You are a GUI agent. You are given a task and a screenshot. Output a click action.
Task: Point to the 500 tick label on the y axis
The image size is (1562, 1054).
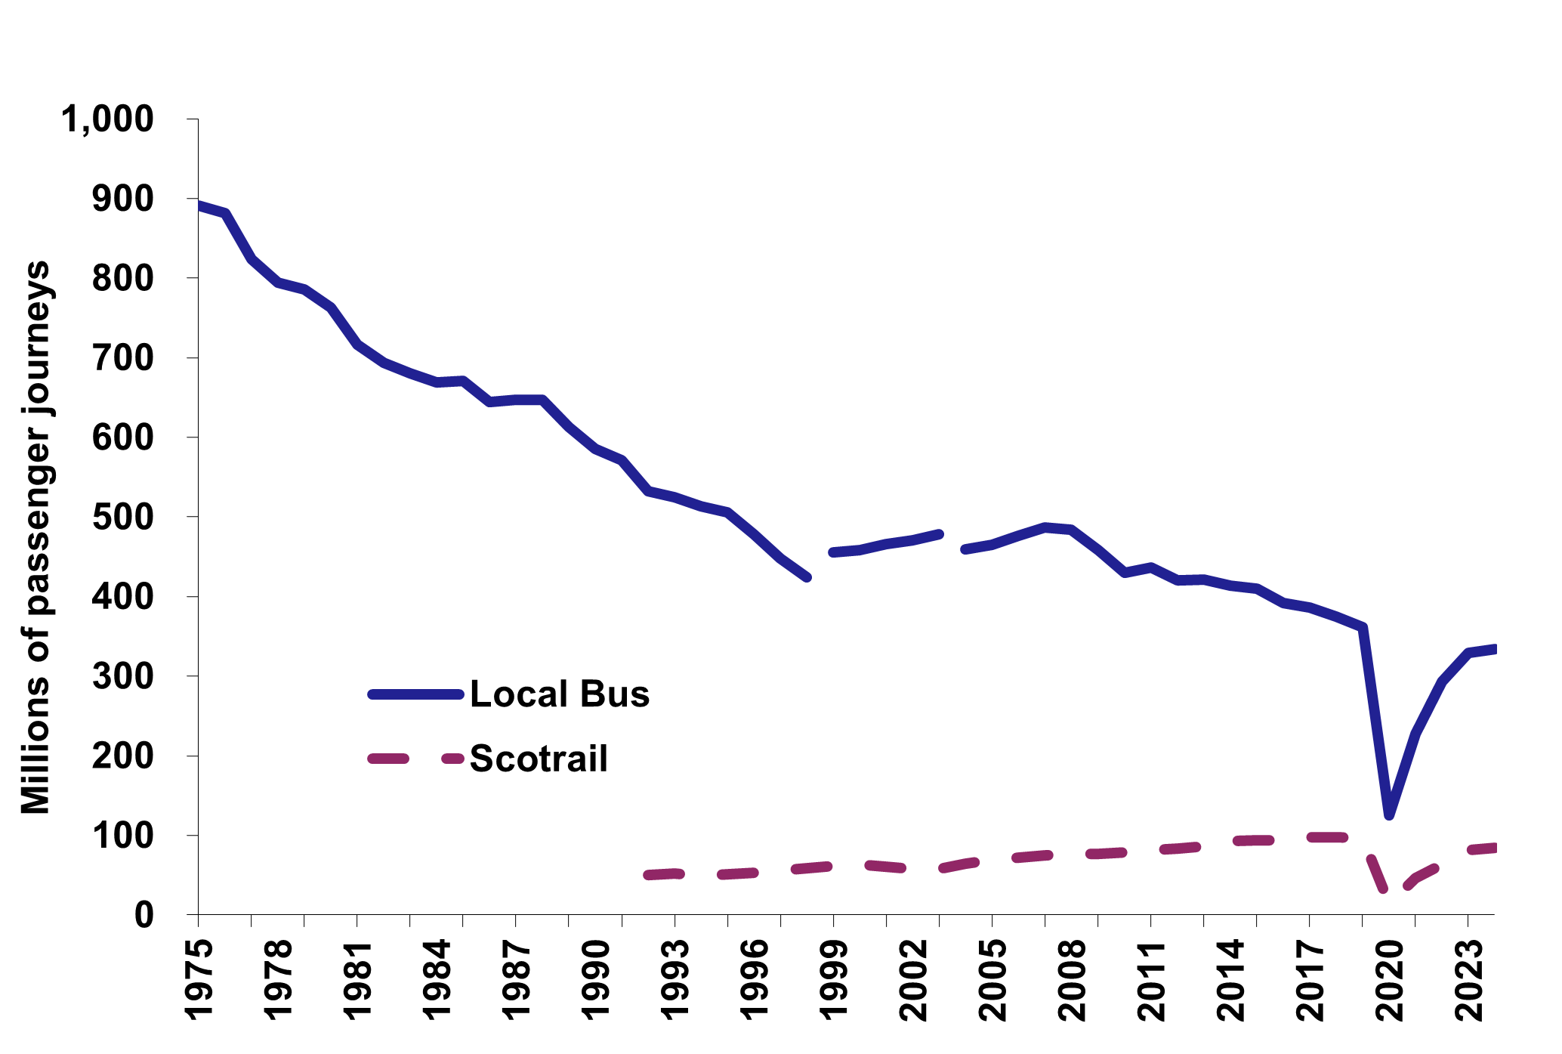[x=122, y=518]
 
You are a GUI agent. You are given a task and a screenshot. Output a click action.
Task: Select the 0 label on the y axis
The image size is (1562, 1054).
[x=144, y=916]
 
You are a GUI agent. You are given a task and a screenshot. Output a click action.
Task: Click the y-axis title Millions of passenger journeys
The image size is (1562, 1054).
[x=35, y=537]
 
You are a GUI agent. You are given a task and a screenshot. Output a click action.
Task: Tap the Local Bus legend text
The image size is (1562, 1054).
[x=560, y=694]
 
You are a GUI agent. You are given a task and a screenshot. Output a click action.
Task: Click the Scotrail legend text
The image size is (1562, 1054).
[x=539, y=759]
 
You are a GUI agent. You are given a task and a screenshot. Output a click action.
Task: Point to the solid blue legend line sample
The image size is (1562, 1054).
[x=415, y=694]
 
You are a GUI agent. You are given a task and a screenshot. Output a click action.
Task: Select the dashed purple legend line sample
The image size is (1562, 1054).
[x=415, y=759]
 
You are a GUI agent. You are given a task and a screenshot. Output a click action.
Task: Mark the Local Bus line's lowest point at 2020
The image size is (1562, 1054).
[x=1389, y=814]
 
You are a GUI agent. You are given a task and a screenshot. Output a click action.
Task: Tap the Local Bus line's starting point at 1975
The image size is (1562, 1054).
[x=199, y=206]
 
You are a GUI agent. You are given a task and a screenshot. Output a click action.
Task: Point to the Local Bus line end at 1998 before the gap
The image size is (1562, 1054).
[x=807, y=577]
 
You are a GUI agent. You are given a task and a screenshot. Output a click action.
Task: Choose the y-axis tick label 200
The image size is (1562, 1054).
[x=122, y=756]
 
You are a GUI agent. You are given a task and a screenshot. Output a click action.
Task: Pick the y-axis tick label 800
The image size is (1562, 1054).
[x=122, y=279]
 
